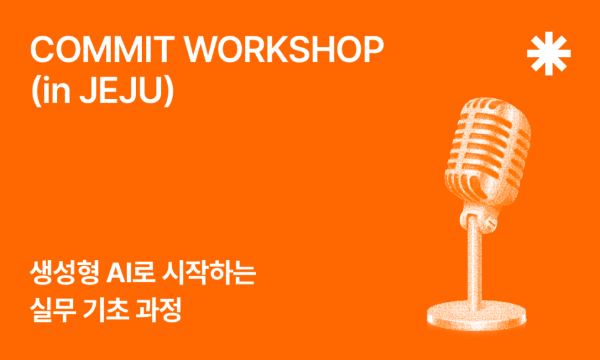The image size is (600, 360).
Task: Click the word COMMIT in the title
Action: point(100,50)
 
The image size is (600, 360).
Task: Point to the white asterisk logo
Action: point(549,53)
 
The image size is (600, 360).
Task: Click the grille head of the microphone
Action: point(488,149)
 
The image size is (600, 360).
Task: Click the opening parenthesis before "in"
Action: point(36,92)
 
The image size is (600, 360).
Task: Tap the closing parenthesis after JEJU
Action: point(169,92)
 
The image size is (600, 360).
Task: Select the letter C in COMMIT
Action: point(42,50)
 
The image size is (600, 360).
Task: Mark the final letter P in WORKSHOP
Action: point(373,50)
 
